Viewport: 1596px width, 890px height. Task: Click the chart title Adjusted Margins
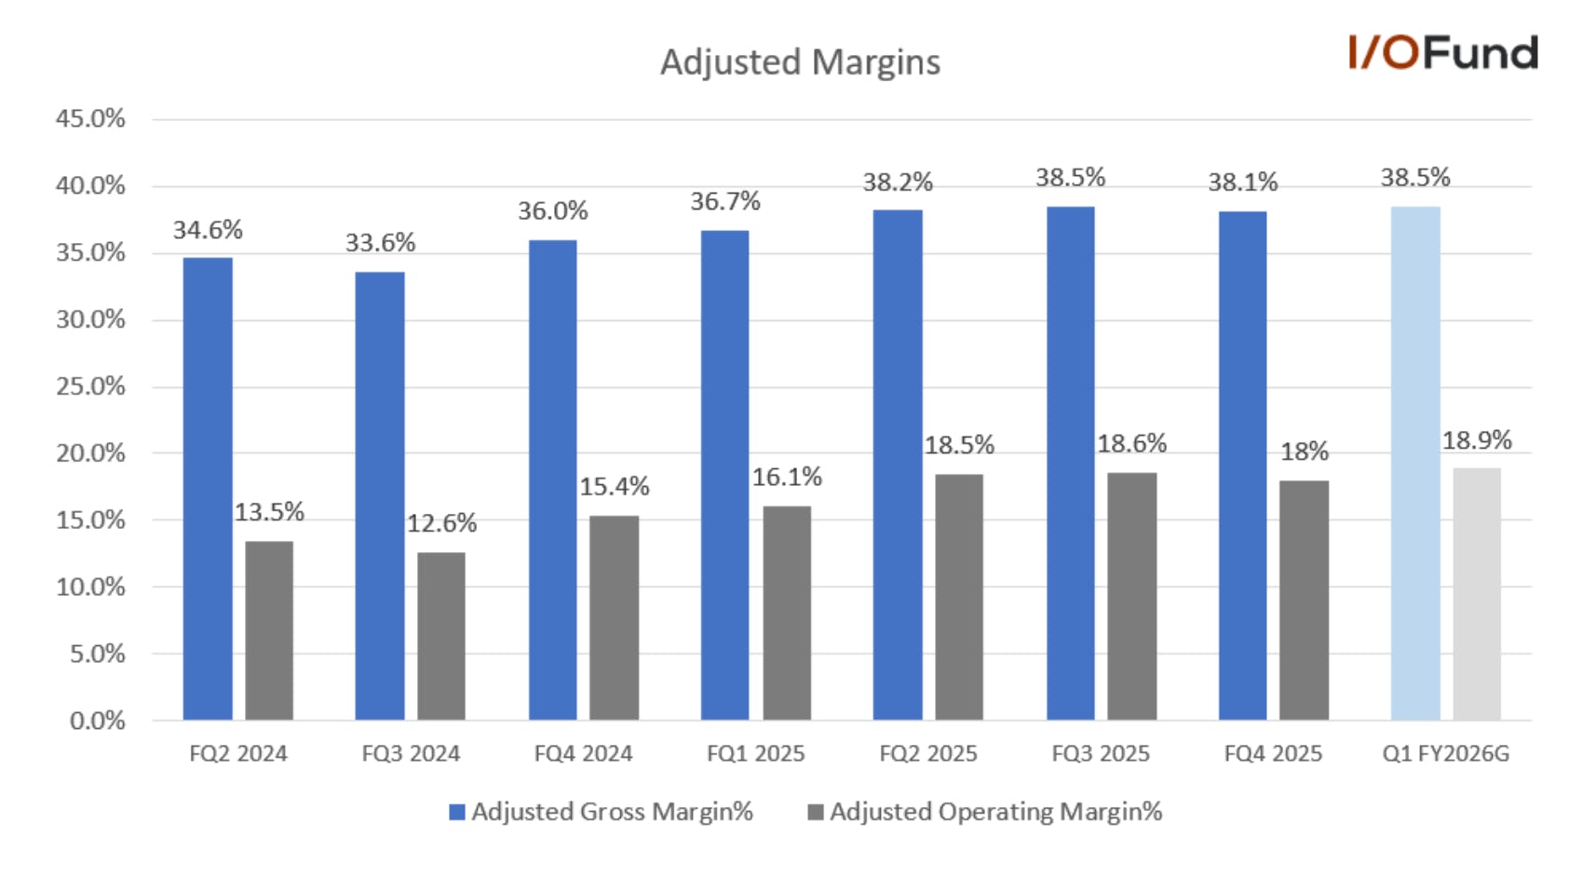tap(800, 62)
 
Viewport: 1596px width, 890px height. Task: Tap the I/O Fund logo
tap(1442, 52)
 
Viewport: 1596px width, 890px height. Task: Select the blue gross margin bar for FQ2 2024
tap(208, 489)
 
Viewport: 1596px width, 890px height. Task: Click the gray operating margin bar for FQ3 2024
tap(441, 637)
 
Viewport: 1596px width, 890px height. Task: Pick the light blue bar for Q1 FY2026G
tap(1415, 464)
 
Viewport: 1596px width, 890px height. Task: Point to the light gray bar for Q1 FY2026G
tap(1477, 594)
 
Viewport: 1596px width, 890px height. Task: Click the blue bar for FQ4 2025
tap(1242, 466)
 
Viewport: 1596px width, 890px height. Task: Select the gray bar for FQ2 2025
tap(959, 597)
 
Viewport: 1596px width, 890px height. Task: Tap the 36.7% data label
tap(725, 202)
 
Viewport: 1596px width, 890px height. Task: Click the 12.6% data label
tap(441, 524)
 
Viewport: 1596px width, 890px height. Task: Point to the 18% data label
tap(1305, 452)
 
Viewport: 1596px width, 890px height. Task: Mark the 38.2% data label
tap(898, 182)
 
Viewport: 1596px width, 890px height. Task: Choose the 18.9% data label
tap(1477, 440)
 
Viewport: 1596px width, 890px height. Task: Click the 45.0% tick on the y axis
tap(90, 118)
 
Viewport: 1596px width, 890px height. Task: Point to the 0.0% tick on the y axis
tap(98, 721)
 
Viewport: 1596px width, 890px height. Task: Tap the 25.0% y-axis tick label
tap(90, 386)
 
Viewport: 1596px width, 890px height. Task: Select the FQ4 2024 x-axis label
tap(584, 754)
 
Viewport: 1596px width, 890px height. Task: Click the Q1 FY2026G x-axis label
tap(1446, 754)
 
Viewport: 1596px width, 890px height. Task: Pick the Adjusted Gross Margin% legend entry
tap(601, 812)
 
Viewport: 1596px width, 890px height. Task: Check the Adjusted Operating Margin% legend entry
tap(984, 812)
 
